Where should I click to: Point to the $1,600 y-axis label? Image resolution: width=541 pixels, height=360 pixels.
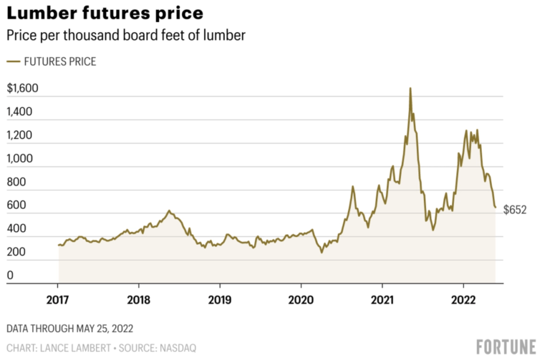pos(22,88)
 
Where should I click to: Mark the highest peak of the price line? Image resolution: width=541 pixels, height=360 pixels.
pos(410,88)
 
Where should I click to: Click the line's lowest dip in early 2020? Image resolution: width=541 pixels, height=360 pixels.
pos(321,253)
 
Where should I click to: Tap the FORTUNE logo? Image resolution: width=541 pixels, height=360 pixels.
pos(506,347)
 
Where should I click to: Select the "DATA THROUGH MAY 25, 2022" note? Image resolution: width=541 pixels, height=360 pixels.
pos(70,328)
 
